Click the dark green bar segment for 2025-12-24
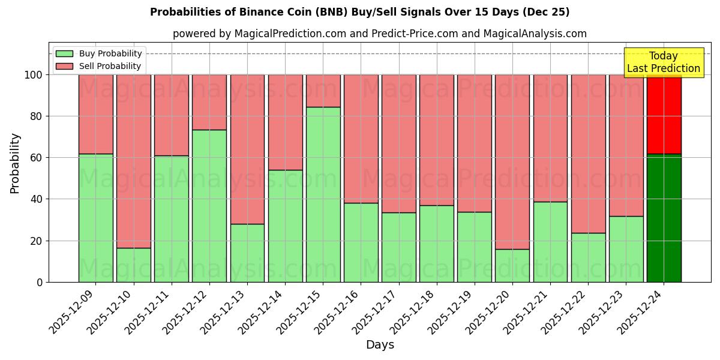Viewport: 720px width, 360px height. [x=664, y=218]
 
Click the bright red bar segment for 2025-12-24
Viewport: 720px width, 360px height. [x=664, y=114]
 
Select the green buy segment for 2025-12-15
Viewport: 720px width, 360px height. [x=323, y=194]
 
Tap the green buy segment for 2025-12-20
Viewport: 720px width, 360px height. [x=512, y=265]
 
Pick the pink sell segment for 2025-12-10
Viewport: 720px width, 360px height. [x=133, y=161]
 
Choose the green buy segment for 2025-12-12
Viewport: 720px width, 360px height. [x=209, y=206]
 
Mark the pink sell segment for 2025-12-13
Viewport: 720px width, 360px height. [x=247, y=149]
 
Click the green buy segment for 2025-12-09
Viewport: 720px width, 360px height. [x=95, y=218]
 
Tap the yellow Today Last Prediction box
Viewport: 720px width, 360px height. [x=663, y=62]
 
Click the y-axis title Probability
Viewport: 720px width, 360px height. [x=15, y=163]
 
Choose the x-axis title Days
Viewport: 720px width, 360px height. [x=380, y=345]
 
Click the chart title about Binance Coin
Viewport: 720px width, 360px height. [x=359, y=12]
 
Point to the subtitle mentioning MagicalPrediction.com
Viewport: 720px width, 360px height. [x=379, y=34]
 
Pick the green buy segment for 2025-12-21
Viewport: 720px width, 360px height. [x=550, y=242]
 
